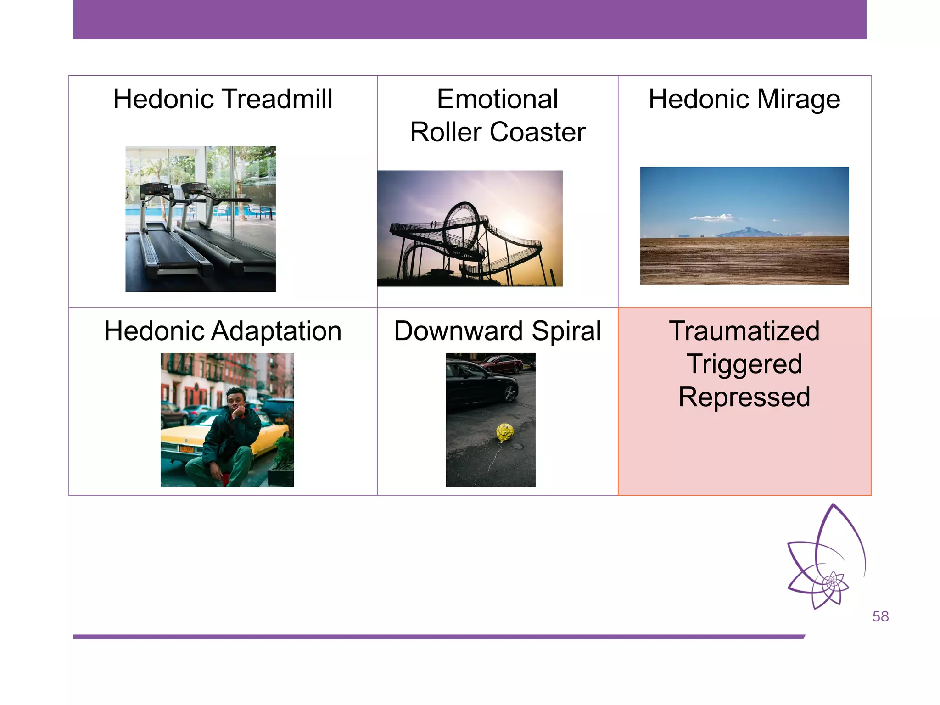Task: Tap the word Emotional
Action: (498, 99)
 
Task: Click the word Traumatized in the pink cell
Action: (744, 331)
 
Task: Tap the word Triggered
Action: (744, 364)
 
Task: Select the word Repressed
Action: (744, 397)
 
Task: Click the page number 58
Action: (880, 616)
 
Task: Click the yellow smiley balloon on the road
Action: (504, 432)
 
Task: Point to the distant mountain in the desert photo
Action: (748, 231)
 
